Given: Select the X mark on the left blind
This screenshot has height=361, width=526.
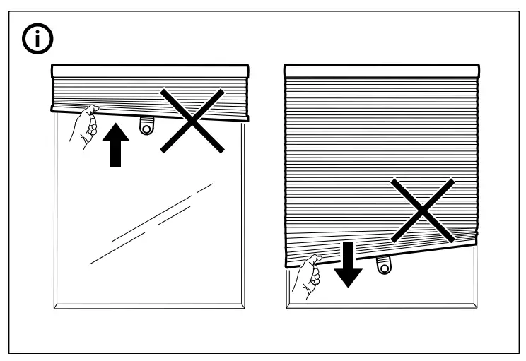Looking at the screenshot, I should coord(192,120).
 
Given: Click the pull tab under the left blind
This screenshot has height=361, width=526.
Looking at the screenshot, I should coord(146,124).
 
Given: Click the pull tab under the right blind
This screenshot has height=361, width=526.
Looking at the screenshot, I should coord(383,265).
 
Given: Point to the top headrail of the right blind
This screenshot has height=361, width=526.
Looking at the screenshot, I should coord(381,70).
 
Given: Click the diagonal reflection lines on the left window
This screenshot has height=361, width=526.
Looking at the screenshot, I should coord(152,223).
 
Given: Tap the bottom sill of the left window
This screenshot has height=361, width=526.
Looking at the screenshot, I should coord(151,306).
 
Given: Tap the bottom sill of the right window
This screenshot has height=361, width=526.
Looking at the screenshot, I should coord(381,306).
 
